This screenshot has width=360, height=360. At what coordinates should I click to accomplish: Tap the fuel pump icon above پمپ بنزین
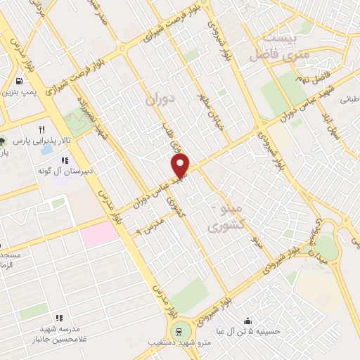click(17, 80)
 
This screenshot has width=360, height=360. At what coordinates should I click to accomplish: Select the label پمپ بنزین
click(17, 92)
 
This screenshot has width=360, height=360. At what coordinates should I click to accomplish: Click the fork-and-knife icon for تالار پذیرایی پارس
click(41, 129)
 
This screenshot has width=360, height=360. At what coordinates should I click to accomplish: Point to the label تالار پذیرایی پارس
click(36, 141)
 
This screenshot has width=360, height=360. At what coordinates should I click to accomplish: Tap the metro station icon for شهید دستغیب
click(179, 331)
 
